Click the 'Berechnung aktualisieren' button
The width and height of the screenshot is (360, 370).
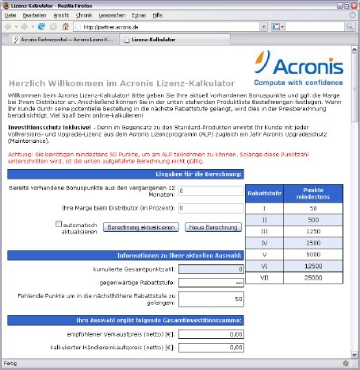click(x=142, y=227)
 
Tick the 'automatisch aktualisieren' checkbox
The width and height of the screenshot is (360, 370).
click(x=59, y=224)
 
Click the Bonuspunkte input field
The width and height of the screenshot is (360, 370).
click(x=210, y=191)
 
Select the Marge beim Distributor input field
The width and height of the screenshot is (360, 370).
click(x=210, y=208)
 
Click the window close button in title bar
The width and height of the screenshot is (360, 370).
click(x=352, y=5)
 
